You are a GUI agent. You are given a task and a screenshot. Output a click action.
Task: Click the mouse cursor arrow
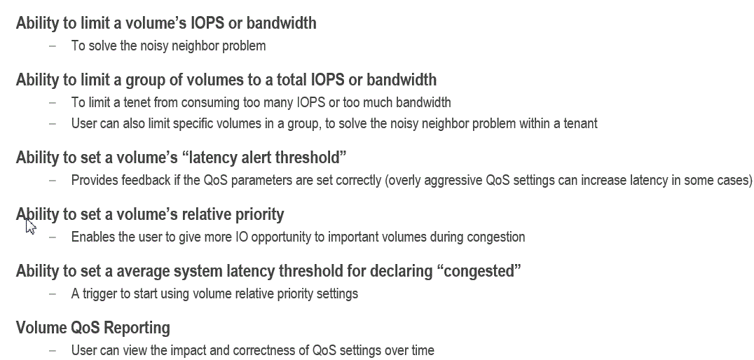tap(30, 226)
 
